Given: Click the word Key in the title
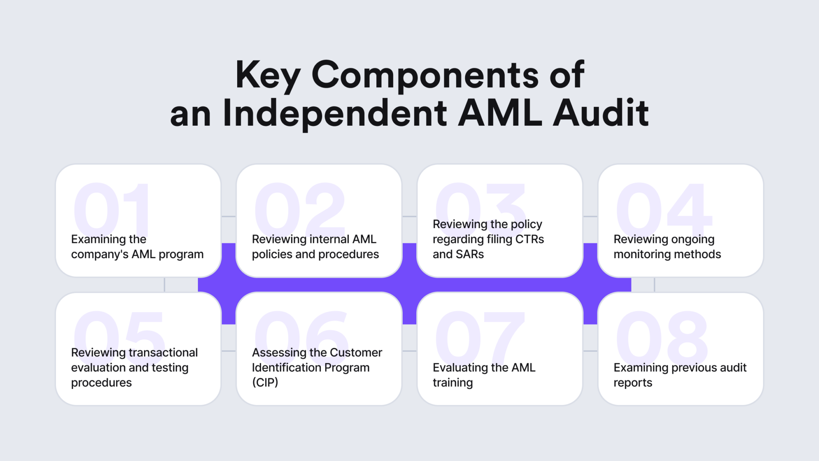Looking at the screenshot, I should (x=268, y=75).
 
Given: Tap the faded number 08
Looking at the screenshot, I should (x=662, y=335).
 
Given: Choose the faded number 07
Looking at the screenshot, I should (x=480, y=335).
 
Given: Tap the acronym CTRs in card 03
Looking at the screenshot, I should (x=529, y=239).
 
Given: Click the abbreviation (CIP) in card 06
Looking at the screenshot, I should (x=265, y=383).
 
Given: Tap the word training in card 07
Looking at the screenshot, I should (x=453, y=383).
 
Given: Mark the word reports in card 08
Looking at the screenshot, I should (x=633, y=383).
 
